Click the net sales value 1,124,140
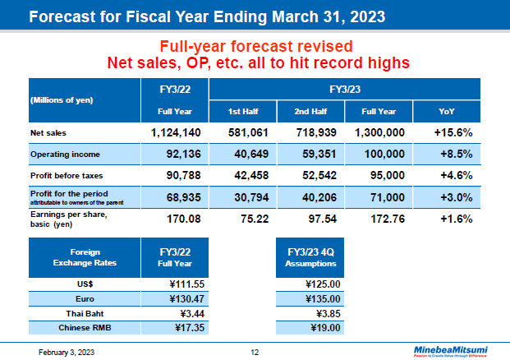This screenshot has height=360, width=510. pyautogui.click(x=176, y=132)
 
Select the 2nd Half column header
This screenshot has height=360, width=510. pyautogui.click(x=306, y=111)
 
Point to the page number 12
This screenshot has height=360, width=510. pyautogui.click(x=255, y=352)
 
